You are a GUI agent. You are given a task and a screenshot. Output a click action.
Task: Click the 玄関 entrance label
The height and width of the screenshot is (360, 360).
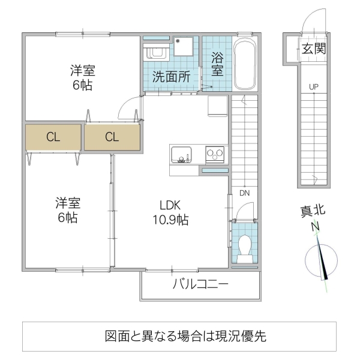(313, 49)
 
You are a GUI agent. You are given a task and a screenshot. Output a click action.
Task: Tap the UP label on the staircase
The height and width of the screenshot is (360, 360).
(313, 87)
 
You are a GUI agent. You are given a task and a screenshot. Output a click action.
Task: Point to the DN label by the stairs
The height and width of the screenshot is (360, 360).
(245, 193)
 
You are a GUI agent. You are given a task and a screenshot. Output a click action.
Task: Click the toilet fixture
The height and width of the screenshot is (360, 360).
(244, 247)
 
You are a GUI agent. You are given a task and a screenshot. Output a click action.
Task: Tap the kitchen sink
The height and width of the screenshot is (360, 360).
(182, 154)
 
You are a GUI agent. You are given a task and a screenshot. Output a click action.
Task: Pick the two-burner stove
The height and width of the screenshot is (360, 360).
(214, 154)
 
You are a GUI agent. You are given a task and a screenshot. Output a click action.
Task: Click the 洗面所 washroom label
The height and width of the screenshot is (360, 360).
(171, 77)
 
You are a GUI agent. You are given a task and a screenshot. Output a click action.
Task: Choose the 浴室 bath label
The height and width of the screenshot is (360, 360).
(217, 65)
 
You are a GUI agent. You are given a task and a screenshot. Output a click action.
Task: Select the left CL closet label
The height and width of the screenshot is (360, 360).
(53, 137)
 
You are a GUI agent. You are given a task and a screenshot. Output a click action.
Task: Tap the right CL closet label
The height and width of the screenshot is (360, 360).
(112, 137)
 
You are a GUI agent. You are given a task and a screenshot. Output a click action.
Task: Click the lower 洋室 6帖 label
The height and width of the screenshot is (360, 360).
(67, 210)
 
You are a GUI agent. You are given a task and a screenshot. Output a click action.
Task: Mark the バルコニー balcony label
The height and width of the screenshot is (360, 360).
(200, 284)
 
